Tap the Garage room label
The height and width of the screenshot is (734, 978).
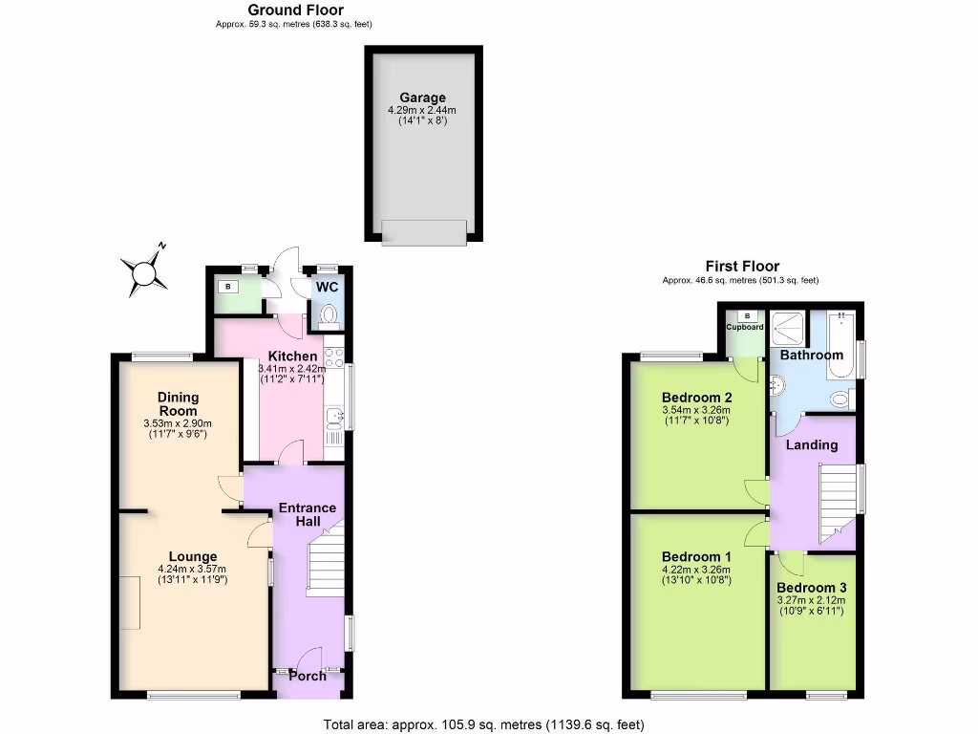coord(422,97)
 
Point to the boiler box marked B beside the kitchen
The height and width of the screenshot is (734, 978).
coord(228,286)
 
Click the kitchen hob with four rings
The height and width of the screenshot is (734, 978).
coord(334,358)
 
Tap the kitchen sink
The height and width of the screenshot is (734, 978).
coord(334,417)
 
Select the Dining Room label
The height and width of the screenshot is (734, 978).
coord(179,404)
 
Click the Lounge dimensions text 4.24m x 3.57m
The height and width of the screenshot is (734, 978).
coord(193,570)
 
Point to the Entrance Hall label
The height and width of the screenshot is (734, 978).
coord(307,514)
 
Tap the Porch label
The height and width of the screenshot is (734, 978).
coord(308,676)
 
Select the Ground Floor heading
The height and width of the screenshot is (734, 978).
coord(295,11)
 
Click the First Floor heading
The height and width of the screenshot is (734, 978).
coord(741,267)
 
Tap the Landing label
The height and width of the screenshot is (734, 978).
coord(811,444)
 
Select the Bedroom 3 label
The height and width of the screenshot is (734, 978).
coord(811,588)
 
